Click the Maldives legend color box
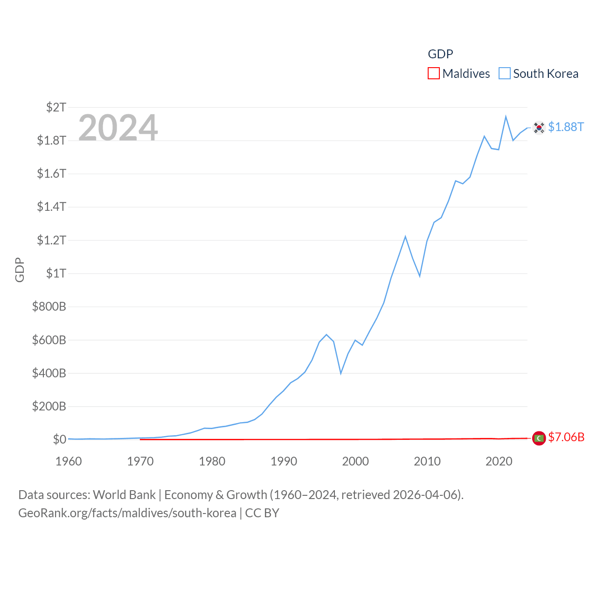click(x=434, y=74)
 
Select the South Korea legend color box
click(x=505, y=74)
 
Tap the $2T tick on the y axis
click(x=56, y=107)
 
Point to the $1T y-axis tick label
click(x=56, y=273)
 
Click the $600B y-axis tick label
click(x=49, y=340)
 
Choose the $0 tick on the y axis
click(x=59, y=439)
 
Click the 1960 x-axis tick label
click(x=69, y=462)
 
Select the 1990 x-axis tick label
click(x=284, y=462)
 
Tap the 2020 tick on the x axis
click(x=499, y=462)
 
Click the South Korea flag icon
click(x=539, y=127)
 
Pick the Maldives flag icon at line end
click(x=539, y=438)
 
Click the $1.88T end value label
click(x=566, y=127)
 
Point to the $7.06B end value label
click(x=566, y=437)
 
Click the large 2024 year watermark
click(x=118, y=128)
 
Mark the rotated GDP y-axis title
click(x=20, y=270)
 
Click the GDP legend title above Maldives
click(x=440, y=54)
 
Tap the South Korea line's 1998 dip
click(x=341, y=373)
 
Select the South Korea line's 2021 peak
click(x=506, y=117)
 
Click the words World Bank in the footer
click(x=125, y=495)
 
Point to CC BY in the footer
click(x=262, y=513)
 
